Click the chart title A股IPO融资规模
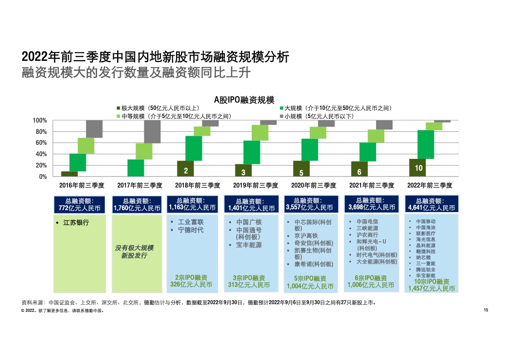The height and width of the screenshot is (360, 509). click(x=244, y=100)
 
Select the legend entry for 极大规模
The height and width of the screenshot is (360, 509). click(x=158, y=108)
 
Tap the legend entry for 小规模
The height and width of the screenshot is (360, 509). click(x=317, y=116)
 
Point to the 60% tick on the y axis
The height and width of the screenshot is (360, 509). click(x=41, y=143)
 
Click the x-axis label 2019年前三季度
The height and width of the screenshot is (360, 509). click(x=255, y=185)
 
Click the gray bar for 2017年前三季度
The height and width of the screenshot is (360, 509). click(x=152, y=132)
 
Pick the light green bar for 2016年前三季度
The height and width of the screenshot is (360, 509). click(x=86, y=146)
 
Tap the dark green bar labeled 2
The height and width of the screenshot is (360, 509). click(x=186, y=168)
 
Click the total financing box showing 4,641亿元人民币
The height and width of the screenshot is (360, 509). click(x=431, y=204)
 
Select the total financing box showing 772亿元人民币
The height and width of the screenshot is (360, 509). click(x=79, y=205)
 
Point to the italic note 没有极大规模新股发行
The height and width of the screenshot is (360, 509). click(x=134, y=252)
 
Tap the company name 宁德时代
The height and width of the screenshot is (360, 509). click(x=191, y=230)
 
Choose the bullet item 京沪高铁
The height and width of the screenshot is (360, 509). click(x=306, y=236)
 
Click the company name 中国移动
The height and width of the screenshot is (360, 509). click(x=426, y=221)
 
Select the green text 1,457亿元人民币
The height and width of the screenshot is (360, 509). click(x=431, y=289)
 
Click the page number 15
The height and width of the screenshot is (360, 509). click(x=486, y=310)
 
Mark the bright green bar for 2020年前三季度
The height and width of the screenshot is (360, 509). click(x=310, y=150)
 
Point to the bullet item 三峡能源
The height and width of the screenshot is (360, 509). click(x=367, y=228)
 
